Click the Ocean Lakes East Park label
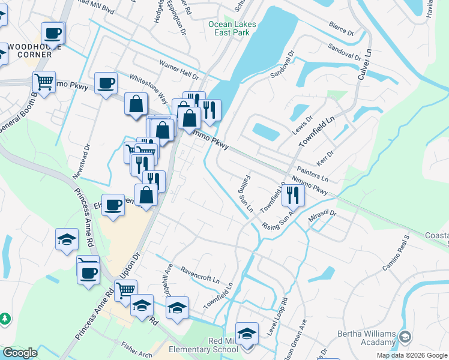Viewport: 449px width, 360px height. (x=232, y=28)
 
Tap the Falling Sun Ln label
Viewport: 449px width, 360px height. (x=245, y=196)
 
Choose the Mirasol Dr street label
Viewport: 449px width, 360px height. (x=323, y=216)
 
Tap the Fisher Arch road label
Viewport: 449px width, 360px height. (x=136, y=347)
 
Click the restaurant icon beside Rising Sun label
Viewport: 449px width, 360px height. (x=292, y=194)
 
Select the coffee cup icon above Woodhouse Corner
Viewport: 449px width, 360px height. (x=52, y=34)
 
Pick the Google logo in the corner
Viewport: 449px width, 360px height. (x=20, y=353)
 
